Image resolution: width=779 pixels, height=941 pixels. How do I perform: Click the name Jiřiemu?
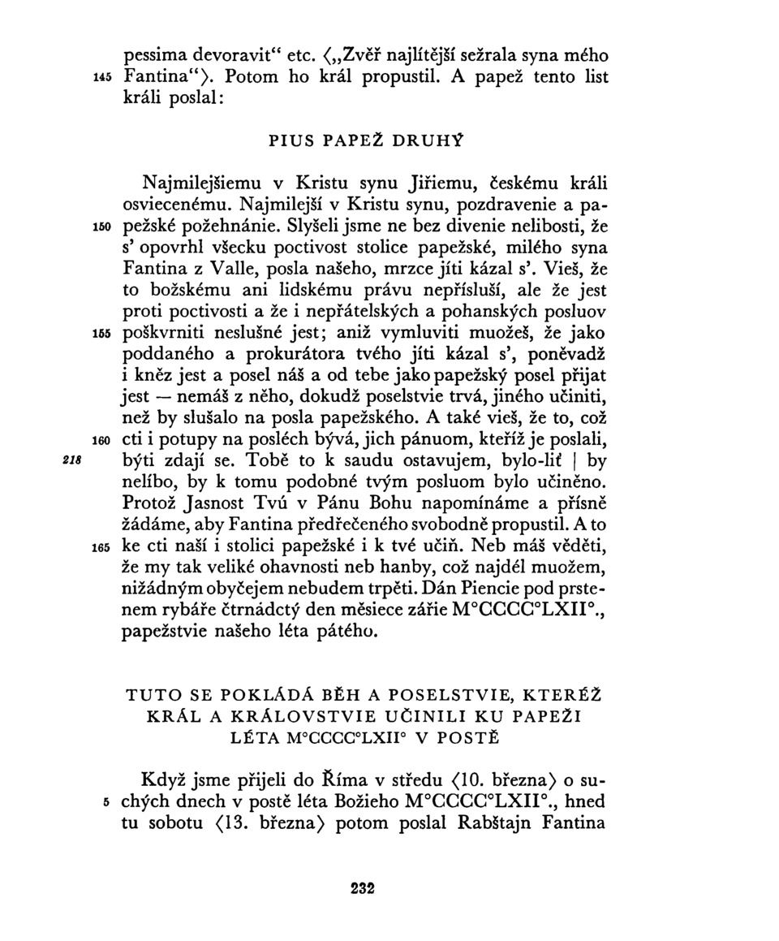pyautogui.click(x=420, y=179)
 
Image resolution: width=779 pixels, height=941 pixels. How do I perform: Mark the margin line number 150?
pyautogui.click(x=100, y=222)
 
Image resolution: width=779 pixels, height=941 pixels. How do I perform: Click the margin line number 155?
pyautogui.click(x=100, y=334)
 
